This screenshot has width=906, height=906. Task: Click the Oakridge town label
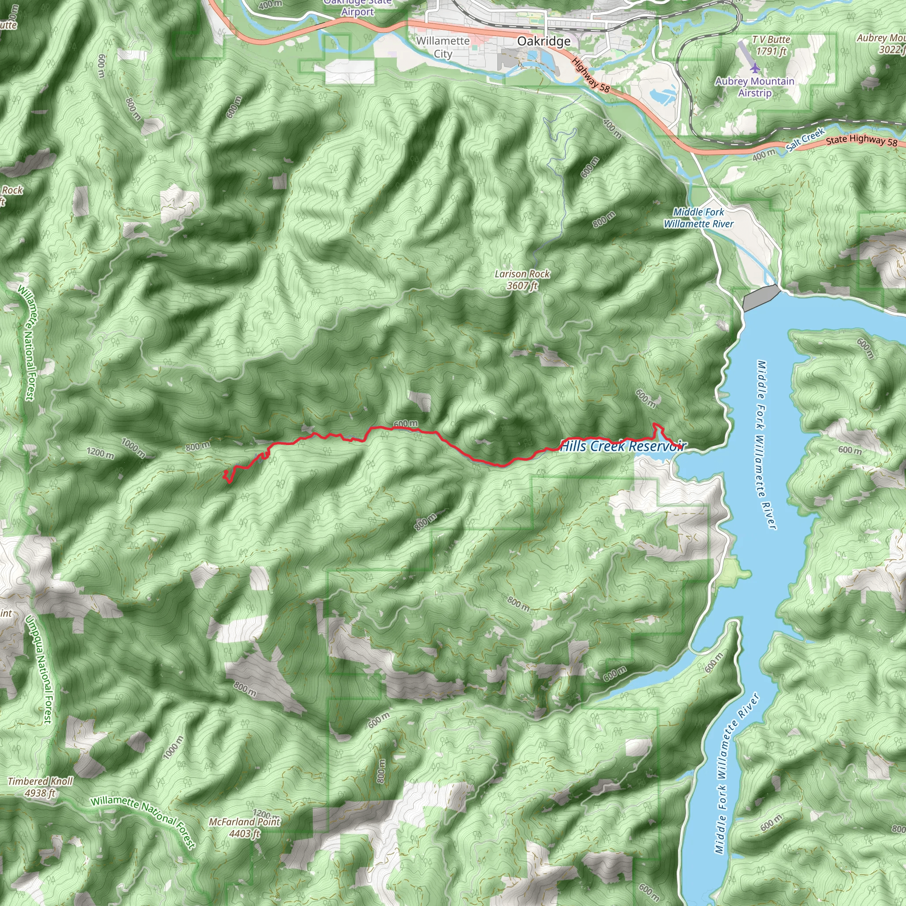click(544, 41)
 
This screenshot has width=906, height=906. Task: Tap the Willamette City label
click(443, 47)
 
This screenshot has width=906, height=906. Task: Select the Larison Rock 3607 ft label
click(522, 280)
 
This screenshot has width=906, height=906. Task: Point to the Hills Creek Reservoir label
click(623, 445)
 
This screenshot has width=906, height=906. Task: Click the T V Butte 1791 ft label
click(771, 46)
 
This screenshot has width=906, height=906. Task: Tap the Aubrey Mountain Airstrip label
click(755, 87)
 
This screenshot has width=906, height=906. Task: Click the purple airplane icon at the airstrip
click(755, 69)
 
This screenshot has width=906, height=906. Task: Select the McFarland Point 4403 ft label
click(244, 827)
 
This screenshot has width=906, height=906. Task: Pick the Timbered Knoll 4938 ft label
click(40, 787)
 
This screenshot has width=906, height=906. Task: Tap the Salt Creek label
click(805, 140)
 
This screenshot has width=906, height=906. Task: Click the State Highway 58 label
click(861, 140)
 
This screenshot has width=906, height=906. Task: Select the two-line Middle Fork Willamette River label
click(698, 218)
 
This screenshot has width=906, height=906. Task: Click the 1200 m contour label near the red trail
click(100, 453)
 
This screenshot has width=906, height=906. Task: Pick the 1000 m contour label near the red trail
click(134, 447)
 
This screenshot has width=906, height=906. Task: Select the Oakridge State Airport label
click(357, 8)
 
